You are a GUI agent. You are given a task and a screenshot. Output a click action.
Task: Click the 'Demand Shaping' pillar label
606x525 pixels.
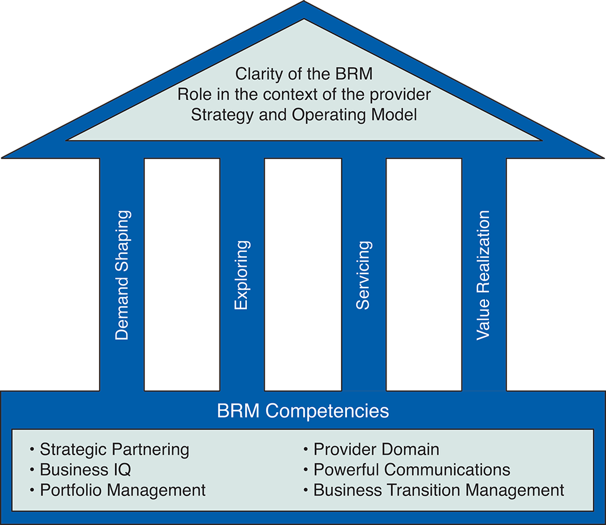pos(122,275)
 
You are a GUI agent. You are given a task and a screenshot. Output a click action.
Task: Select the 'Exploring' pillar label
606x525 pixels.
pos(242,275)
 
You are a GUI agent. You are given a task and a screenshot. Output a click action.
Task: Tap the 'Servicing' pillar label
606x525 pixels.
pos(363,275)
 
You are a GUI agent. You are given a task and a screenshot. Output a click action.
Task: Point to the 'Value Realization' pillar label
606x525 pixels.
pos(483,275)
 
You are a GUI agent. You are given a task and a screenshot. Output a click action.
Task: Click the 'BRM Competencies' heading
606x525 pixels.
pos(303,411)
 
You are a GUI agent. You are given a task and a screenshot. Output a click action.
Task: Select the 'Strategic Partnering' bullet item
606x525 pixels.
pos(114,449)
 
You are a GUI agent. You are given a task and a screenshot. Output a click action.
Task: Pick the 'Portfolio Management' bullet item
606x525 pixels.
pos(122,490)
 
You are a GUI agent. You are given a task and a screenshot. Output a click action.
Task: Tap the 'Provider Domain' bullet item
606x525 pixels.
pos(376,449)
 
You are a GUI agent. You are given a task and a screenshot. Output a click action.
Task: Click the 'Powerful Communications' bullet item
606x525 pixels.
pos(412,470)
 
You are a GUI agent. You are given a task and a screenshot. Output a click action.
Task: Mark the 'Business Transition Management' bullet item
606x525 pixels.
pos(438,490)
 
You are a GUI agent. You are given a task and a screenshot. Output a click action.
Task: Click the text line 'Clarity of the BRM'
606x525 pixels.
pos(304,74)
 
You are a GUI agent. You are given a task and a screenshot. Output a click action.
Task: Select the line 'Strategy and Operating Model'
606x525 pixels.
pos(304,114)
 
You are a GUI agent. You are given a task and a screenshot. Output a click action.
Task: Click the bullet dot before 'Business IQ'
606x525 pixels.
pos(32,470)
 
